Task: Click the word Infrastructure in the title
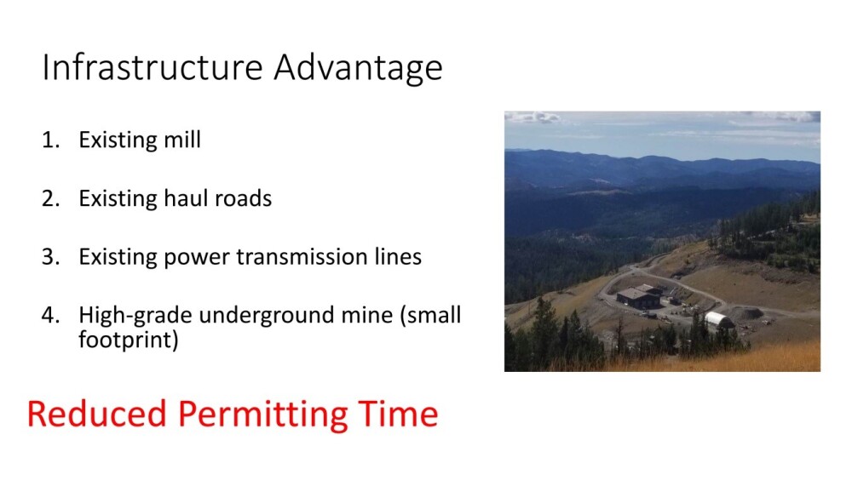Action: (x=153, y=67)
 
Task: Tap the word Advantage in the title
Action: (x=358, y=69)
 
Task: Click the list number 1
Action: (x=50, y=140)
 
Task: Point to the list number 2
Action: (x=50, y=199)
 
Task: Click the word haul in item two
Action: (x=185, y=198)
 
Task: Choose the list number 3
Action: (x=50, y=257)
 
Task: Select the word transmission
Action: (x=302, y=256)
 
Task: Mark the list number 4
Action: (x=50, y=316)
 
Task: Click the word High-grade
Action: (x=135, y=316)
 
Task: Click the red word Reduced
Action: (x=97, y=414)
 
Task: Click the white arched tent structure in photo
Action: (x=719, y=320)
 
